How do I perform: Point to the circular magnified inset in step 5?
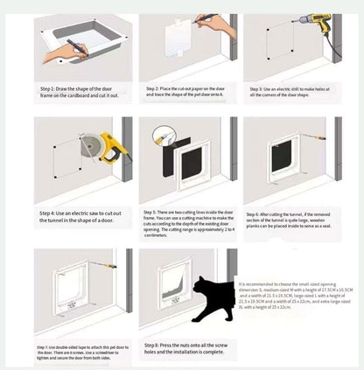pos(161,136)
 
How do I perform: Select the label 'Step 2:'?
pos(155,89)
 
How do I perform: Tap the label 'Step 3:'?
pos(261,89)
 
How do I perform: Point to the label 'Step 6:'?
pos(261,212)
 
